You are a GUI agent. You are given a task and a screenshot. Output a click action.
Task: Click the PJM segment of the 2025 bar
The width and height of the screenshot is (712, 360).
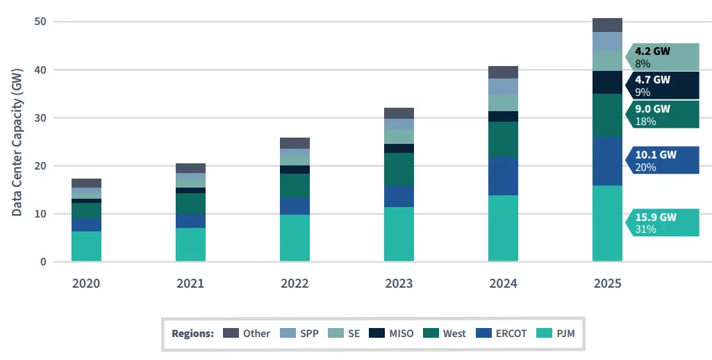(607, 223)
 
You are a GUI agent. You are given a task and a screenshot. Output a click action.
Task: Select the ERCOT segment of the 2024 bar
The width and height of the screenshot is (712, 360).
(503, 176)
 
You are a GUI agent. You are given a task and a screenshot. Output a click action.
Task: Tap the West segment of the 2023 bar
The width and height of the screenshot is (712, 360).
(399, 169)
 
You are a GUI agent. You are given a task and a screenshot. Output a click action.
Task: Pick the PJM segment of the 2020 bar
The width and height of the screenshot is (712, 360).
(86, 246)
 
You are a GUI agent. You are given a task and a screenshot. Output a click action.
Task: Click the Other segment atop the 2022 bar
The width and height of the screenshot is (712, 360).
(295, 143)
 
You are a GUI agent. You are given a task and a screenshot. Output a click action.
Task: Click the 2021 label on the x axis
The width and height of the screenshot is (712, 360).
(190, 284)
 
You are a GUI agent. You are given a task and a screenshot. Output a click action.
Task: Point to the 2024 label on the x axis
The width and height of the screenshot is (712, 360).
(503, 284)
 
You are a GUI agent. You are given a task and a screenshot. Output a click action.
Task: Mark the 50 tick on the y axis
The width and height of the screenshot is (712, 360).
(40, 22)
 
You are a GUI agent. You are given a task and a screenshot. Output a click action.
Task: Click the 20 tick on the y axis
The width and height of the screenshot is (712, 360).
(40, 166)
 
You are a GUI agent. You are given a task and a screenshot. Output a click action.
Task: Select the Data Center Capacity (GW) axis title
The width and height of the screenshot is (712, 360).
(17, 142)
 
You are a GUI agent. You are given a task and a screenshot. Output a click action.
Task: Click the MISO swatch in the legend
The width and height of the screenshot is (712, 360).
(375, 333)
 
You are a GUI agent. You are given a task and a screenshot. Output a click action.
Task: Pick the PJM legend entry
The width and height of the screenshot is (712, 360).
(556, 333)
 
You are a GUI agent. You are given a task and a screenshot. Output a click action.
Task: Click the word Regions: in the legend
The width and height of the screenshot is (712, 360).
(193, 333)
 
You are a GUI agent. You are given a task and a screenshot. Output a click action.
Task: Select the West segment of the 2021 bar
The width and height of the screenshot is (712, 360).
(190, 203)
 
